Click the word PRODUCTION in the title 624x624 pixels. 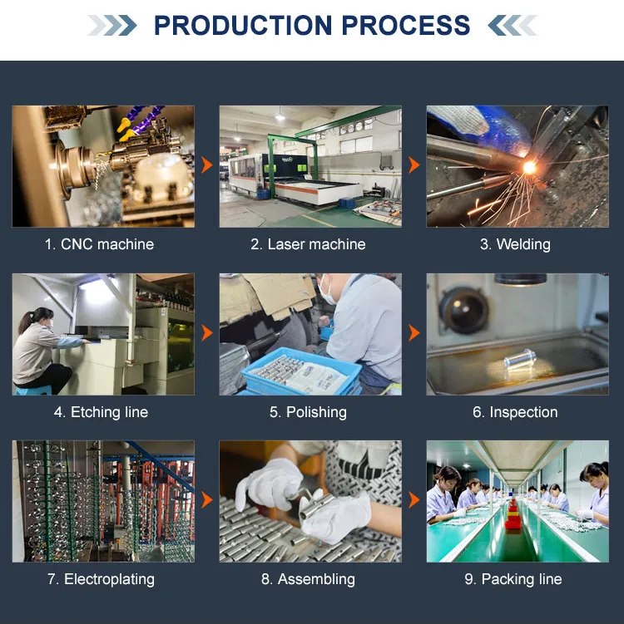pos(243,25)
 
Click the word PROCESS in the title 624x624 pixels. pos(406,25)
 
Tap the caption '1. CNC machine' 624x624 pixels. pos(99,244)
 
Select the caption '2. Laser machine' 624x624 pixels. pos(308,244)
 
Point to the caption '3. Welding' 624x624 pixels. pos(515,244)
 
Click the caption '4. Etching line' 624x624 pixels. pos(101,412)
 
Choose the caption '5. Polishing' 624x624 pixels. pos(308,412)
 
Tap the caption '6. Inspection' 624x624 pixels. pos(515,412)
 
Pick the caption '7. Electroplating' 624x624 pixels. pos(101,579)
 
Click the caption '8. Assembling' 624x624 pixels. pos(308,579)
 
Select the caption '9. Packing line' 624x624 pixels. pos(513,579)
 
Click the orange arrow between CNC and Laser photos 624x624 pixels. pos(207,165)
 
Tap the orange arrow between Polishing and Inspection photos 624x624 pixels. pos(414,332)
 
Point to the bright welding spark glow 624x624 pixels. pos(529,168)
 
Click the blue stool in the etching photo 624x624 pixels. pos(33,390)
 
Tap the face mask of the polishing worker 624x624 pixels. pos(326,290)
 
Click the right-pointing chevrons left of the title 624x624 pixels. pos(112,26)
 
